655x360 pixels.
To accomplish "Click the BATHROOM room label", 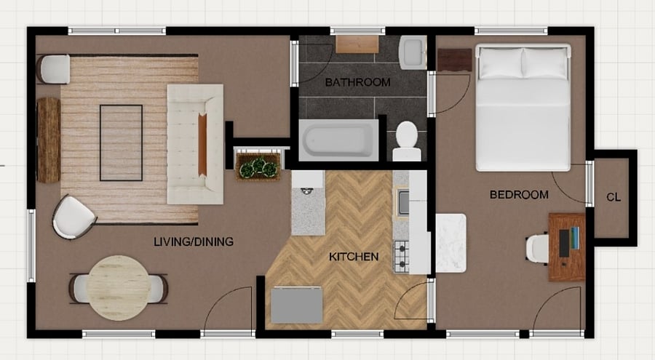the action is [357, 82].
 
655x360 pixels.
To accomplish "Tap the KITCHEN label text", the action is [354, 257].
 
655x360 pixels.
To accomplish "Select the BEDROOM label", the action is [519, 195].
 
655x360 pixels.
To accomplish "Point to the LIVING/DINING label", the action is [194, 241].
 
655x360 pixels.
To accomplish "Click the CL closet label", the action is [614, 197].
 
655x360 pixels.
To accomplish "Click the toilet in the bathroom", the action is [406, 141].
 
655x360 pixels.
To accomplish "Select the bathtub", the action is [338, 140].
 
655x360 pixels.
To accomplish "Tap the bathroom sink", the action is [413, 52].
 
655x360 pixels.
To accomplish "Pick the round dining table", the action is [119, 288].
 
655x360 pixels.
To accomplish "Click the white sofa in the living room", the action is [195, 144].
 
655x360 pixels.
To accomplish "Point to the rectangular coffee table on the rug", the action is [121, 143].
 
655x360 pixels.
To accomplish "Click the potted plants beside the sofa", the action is [258, 167].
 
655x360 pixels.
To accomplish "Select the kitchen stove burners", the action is [402, 257].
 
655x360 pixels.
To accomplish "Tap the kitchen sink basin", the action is [403, 202].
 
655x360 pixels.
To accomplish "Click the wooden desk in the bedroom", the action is [567, 247].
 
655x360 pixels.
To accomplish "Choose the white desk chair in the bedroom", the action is [537, 249].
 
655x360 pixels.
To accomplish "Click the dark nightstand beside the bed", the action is [454, 60].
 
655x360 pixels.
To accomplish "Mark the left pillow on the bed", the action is [501, 63].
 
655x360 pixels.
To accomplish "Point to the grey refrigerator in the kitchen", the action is [297, 305].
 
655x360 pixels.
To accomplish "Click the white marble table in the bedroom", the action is [450, 243].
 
